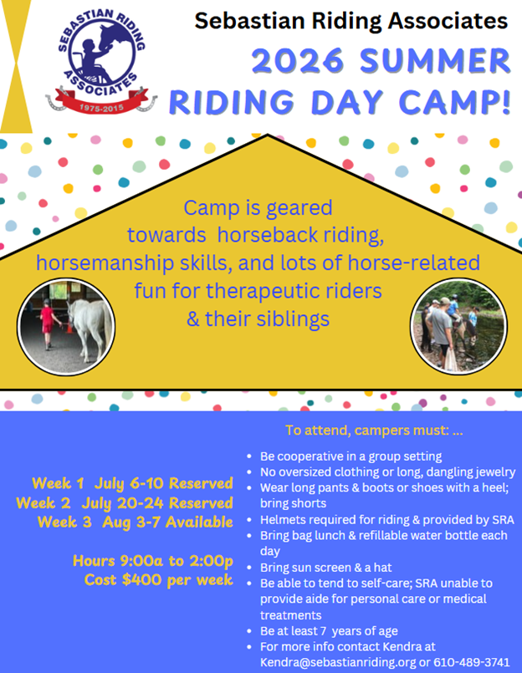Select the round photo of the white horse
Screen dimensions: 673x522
66,326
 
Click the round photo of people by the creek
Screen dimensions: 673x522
457,326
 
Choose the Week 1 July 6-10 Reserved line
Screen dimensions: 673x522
132,483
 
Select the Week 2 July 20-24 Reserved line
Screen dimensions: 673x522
124,502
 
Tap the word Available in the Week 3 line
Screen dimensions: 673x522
201,523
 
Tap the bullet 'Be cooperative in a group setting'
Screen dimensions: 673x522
351,456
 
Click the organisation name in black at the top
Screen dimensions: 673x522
351,21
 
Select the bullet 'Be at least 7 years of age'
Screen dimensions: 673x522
329,630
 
